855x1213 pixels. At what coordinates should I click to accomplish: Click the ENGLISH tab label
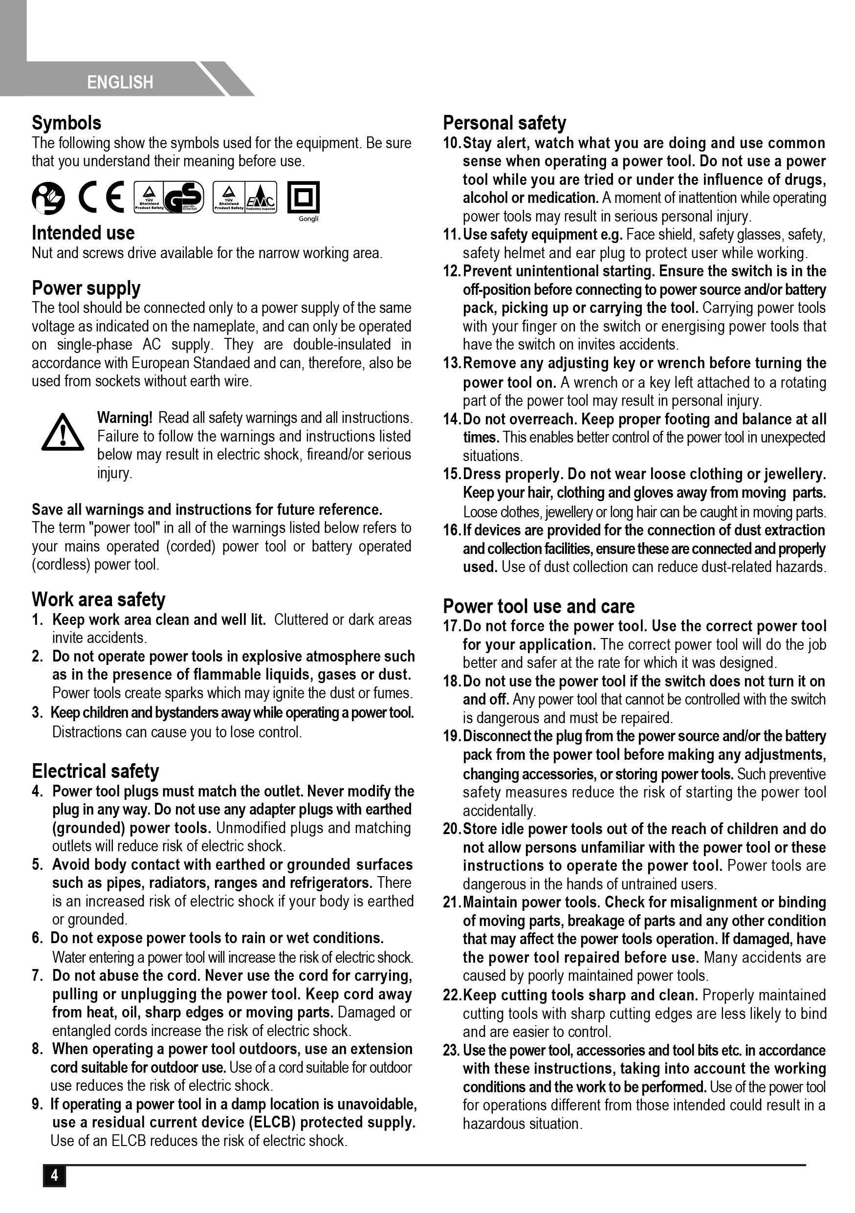pyautogui.click(x=120, y=83)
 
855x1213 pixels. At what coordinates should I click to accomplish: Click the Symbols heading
pyautogui.click(x=66, y=123)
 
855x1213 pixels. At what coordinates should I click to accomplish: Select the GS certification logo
pyautogui.click(x=183, y=197)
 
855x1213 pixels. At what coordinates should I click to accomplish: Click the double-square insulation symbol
pyautogui.click(x=303, y=198)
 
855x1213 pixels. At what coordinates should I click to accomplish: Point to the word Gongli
pyautogui.click(x=308, y=219)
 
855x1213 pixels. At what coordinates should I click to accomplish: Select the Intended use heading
pyautogui.click(x=83, y=233)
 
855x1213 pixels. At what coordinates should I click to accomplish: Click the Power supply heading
pyautogui.click(x=86, y=288)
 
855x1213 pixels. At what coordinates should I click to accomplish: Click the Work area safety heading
pyautogui.click(x=98, y=599)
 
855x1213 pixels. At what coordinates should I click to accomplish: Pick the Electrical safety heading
pyautogui.click(x=95, y=772)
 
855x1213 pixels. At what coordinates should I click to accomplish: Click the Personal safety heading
pyautogui.click(x=504, y=123)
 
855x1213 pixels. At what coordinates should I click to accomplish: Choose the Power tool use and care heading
pyautogui.click(x=539, y=606)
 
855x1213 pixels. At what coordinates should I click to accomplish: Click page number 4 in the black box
pyautogui.click(x=54, y=1175)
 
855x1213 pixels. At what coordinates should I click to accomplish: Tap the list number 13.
pyautogui.click(x=452, y=363)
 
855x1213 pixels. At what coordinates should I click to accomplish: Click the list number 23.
pyautogui.click(x=452, y=1050)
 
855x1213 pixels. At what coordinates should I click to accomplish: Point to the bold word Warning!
pyautogui.click(x=125, y=418)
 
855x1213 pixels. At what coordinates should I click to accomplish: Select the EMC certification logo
pyautogui.click(x=260, y=197)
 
